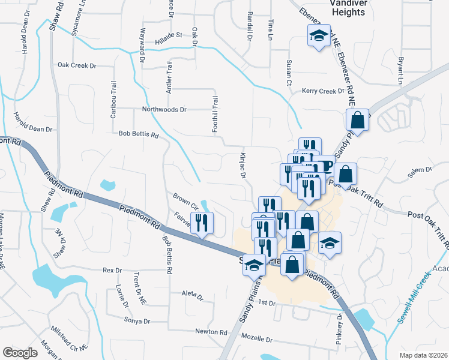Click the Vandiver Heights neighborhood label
(331, 7)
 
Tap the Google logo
(20, 353)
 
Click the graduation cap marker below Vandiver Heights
(319, 36)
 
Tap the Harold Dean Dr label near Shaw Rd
(33, 129)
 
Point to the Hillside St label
(169, 35)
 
